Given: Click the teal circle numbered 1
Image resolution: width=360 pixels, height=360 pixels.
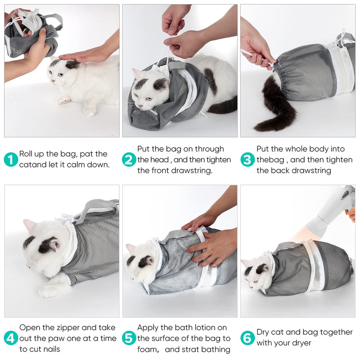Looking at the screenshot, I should click(x=11, y=160).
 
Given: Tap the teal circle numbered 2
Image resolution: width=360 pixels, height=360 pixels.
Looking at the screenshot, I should click(x=129, y=160).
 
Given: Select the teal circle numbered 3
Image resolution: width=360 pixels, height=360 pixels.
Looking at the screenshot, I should click(x=247, y=160).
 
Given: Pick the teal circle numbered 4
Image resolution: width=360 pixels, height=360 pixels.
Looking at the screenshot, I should click(x=11, y=338).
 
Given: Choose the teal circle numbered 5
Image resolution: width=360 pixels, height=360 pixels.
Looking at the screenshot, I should click(x=129, y=338).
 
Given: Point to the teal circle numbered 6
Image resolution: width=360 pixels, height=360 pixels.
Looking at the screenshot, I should click(x=247, y=338).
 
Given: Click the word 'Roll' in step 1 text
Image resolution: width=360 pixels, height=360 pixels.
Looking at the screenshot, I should click(x=27, y=154).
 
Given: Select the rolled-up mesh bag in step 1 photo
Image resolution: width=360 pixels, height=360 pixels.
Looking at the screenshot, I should click(x=31, y=34).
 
